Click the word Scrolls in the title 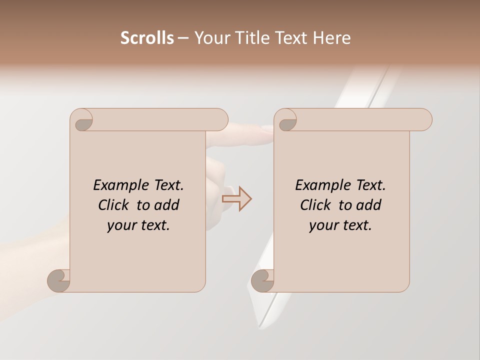(x=147, y=37)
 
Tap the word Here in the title (x=331, y=37)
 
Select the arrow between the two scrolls (x=237, y=198)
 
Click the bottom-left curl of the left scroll (x=59, y=280)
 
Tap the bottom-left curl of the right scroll (x=263, y=280)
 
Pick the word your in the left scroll (x=121, y=226)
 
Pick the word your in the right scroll (x=323, y=226)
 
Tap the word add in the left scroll (x=166, y=205)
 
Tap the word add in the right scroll (x=368, y=205)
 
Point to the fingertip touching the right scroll (x=266, y=128)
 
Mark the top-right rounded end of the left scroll (x=220, y=119)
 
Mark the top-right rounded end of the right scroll (x=424, y=119)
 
